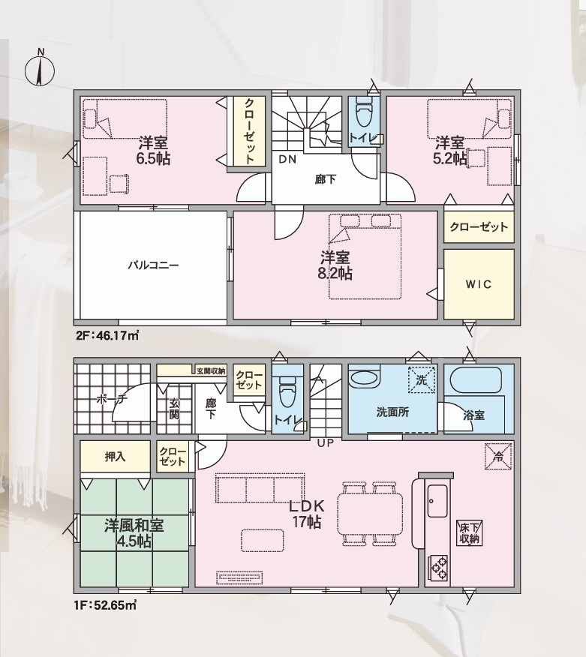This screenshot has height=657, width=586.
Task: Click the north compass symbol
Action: tap(40, 70)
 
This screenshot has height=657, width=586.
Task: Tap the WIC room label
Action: tap(478, 284)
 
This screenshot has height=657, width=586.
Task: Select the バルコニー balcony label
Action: tap(153, 265)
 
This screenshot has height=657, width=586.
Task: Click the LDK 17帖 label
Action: tap(307, 514)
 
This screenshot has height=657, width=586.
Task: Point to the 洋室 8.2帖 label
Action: tap(335, 265)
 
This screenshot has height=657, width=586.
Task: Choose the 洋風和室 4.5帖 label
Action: tap(134, 533)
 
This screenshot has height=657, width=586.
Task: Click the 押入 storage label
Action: tap(115, 456)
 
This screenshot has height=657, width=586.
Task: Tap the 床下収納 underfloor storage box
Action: tap(470, 533)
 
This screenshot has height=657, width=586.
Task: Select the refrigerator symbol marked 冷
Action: tap(498, 456)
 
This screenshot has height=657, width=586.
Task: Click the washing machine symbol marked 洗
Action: tap(421, 379)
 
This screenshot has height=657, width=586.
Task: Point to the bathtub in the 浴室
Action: tap(476, 380)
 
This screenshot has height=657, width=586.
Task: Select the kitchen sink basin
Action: tap(437, 501)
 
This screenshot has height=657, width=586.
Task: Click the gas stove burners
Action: tap(437, 568)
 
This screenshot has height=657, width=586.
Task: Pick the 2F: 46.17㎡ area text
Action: tap(107, 335)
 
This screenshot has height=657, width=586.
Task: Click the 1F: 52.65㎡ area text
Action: tap(106, 605)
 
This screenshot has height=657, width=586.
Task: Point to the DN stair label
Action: tap(287, 159)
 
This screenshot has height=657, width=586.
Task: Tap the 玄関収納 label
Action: tap(211, 370)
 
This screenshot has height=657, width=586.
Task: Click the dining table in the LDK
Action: tap(370, 514)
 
